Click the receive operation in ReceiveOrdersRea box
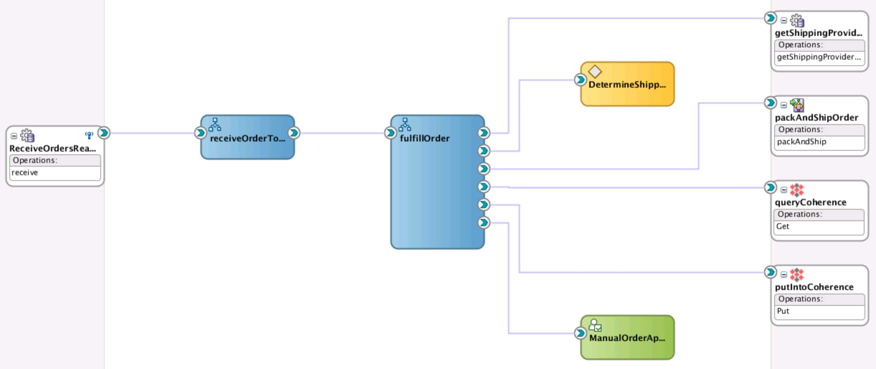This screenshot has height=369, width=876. (x=25, y=173)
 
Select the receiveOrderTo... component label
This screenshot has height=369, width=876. (x=247, y=139)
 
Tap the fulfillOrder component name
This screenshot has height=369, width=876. (x=424, y=139)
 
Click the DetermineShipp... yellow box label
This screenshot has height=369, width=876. (x=627, y=85)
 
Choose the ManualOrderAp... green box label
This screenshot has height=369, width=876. (x=627, y=338)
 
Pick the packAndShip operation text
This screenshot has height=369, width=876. (x=801, y=142)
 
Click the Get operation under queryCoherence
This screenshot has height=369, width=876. (x=782, y=226)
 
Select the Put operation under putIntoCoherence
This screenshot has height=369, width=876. (x=783, y=311)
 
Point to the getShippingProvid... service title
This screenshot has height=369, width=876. (x=818, y=33)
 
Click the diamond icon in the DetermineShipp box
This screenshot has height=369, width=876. (x=595, y=71)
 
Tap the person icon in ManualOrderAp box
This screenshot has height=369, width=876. (x=595, y=325)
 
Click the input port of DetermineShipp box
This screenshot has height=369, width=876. (x=580, y=80)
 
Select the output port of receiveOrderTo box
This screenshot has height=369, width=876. (x=294, y=133)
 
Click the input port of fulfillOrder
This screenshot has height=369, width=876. (x=390, y=133)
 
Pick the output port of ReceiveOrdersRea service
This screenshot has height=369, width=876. (x=104, y=133)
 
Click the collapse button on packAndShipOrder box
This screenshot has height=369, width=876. (x=784, y=105)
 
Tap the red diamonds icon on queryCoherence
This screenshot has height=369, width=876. (x=796, y=190)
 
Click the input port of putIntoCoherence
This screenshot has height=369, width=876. (x=770, y=272)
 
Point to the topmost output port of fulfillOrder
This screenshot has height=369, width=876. (x=484, y=133)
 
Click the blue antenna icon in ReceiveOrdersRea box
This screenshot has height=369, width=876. (x=89, y=135)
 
